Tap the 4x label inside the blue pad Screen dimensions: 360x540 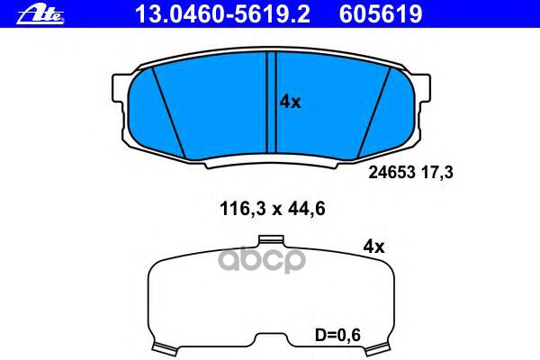click(290, 103)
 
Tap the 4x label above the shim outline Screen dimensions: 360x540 click(373, 246)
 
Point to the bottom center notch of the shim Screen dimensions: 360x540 click(271, 339)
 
